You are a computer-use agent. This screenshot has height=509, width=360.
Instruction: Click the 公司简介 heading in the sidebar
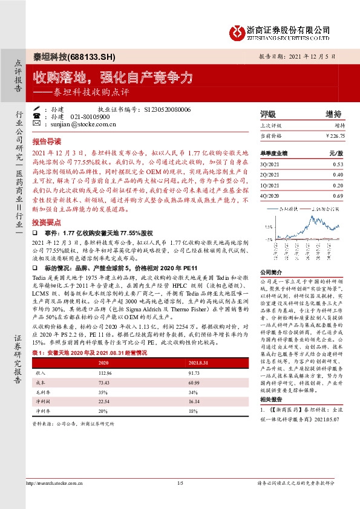click(272, 273)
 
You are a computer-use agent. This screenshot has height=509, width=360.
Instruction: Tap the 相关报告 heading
click(272, 401)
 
